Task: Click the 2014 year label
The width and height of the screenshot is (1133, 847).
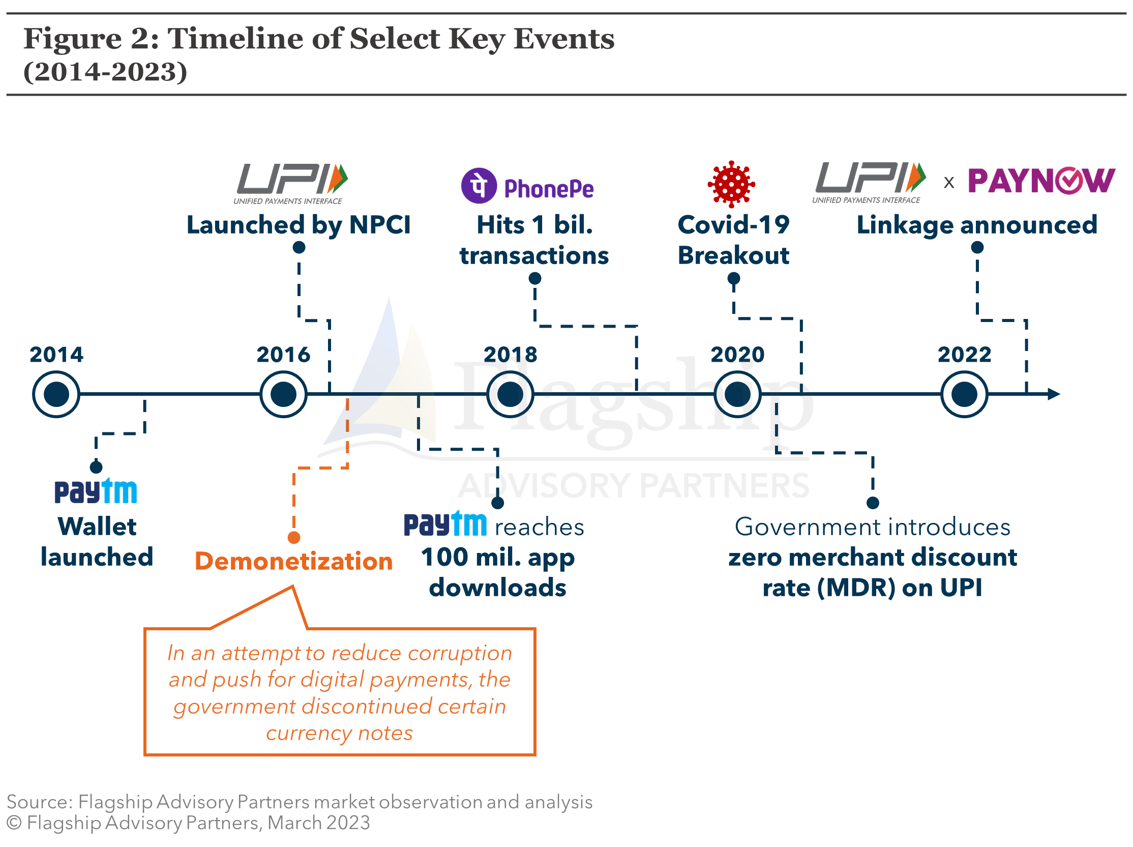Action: [x=56, y=354]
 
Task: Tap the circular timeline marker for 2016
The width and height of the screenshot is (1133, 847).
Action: [x=283, y=394]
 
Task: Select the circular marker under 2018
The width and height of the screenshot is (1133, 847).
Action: [x=510, y=394]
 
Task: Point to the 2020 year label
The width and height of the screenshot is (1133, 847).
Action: [x=737, y=354]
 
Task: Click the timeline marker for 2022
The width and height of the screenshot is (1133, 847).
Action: [x=964, y=394]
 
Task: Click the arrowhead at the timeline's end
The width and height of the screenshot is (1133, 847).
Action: [x=1054, y=394]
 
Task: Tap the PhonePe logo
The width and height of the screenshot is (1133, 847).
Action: [x=527, y=186]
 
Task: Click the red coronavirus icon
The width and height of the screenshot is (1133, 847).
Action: [x=731, y=184]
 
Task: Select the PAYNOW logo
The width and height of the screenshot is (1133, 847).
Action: [x=1041, y=181]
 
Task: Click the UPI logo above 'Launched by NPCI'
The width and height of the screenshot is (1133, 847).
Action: [x=290, y=184]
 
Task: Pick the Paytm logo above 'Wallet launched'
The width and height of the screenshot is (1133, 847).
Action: [x=96, y=491]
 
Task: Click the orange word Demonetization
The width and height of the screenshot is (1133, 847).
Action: [x=293, y=561]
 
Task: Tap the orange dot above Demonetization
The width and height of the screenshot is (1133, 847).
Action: [x=294, y=538]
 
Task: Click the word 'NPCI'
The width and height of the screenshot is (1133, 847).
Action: [x=379, y=224]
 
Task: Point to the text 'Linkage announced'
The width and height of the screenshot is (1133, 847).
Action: [x=977, y=225]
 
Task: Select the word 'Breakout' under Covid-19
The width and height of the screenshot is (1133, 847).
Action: [x=733, y=255]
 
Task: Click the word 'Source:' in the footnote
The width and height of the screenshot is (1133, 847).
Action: [x=40, y=802]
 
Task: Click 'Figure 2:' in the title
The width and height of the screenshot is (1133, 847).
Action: [x=92, y=39]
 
